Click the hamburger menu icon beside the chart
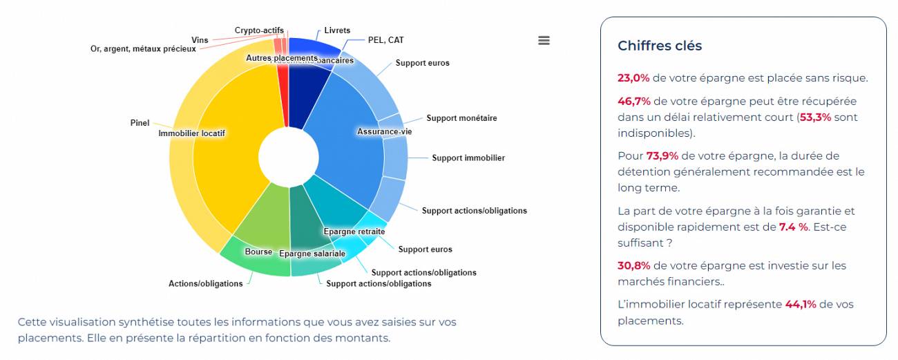click(x=544, y=40)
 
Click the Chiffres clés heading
click(x=659, y=46)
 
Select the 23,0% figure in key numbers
click(x=633, y=78)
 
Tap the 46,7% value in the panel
click(x=633, y=102)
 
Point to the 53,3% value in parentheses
click(x=815, y=117)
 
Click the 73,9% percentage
click(x=662, y=156)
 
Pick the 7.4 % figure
click(x=793, y=227)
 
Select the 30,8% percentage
click(x=633, y=266)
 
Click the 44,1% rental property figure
click(x=800, y=305)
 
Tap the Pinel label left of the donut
click(x=140, y=123)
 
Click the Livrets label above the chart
click(x=337, y=30)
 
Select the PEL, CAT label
click(x=385, y=40)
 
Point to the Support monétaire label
click(x=461, y=118)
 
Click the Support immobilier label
click(x=468, y=158)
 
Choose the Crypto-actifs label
click(x=258, y=30)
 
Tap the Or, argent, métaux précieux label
click(x=142, y=49)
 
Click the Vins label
click(x=199, y=40)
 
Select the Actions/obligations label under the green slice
click(x=205, y=284)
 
